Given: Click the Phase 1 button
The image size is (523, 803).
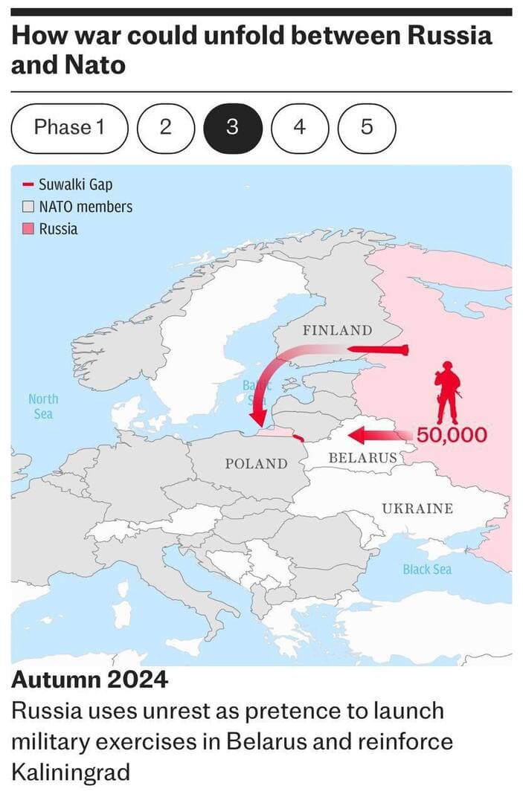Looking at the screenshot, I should (x=68, y=128).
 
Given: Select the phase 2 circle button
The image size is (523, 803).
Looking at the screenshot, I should (x=165, y=128).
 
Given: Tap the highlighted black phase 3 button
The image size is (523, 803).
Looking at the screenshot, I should (x=232, y=128).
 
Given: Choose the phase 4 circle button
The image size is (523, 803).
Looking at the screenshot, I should (x=299, y=128).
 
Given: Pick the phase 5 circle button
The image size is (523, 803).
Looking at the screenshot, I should (x=367, y=128).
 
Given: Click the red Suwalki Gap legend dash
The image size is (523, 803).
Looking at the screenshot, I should (x=28, y=184).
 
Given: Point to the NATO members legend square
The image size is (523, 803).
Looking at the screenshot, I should (x=28, y=207).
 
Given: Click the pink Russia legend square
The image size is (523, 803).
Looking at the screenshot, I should (x=28, y=229).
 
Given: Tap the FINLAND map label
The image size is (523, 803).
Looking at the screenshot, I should (x=336, y=330).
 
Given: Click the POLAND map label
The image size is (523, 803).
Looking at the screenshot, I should (x=256, y=464).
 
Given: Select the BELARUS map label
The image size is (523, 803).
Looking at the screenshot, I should (x=362, y=457).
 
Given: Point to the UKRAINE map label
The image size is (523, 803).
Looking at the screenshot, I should (x=417, y=509).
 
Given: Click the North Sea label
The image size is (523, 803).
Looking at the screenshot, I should (x=43, y=406).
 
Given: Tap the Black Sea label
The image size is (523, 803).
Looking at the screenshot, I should (x=427, y=570).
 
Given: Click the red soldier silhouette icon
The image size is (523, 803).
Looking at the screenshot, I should (x=447, y=392).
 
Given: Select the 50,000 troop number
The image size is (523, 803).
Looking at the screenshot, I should (x=452, y=434).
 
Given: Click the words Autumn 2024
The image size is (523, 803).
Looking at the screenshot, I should (x=89, y=679).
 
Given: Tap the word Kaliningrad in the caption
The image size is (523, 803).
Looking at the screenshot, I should (x=71, y=771).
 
